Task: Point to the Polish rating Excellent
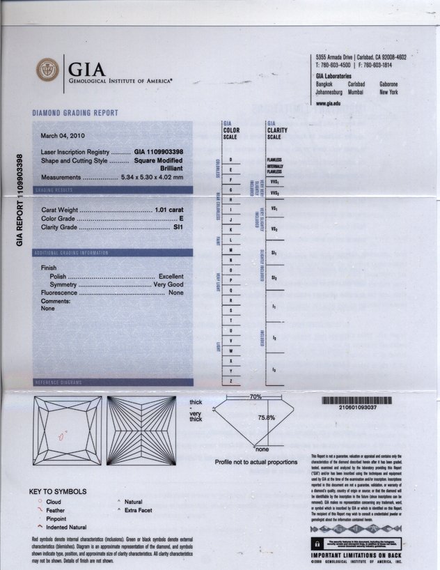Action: click(x=171, y=276)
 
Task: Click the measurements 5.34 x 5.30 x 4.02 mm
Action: click(x=152, y=176)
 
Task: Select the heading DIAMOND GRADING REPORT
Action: click(x=75, y=113)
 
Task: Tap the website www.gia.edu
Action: click(x=328, y=103)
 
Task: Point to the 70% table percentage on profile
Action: click(x=254, y=396)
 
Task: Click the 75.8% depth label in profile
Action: click(x=267, y=417)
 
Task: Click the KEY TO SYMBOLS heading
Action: click(x=58, y=491)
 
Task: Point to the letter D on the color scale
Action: click(x=230, y=160)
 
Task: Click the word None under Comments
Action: click(x=47, y=308)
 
